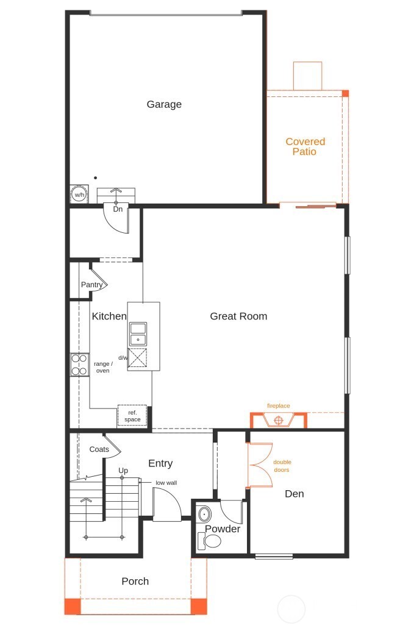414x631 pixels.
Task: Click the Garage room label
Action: point(164,104)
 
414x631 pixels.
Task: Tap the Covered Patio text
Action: point(305,146)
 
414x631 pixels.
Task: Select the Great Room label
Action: point(238,316)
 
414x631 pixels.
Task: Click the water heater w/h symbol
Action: point(79,194)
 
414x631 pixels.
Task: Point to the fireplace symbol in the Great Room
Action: point(279,420)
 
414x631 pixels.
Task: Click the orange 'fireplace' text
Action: point(278,405)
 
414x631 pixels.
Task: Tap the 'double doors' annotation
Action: point(282,466)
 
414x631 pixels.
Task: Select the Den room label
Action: point(294,493)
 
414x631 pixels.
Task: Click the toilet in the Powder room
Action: point(210,541)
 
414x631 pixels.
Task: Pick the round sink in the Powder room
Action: point(204,513)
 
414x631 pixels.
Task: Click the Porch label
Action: point(135,581)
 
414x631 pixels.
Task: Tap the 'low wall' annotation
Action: point(166,482)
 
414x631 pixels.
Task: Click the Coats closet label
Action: point(99,449)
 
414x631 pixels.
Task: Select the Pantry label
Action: point(92,285)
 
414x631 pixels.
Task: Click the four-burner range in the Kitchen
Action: point(79,364)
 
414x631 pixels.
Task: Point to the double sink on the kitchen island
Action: point(138,333)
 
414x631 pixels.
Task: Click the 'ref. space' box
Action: point(132,416)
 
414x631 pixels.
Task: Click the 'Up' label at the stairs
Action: point(123,471)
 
